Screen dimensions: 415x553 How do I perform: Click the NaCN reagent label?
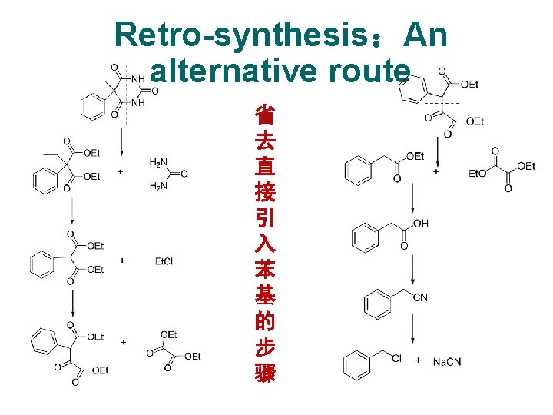[x=448, y=360]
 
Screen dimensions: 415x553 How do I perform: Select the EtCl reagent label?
[x=164, y=261]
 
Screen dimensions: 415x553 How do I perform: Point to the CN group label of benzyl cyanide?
[x=420, y=297]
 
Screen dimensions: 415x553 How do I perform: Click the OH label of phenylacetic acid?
[x=420, y=224]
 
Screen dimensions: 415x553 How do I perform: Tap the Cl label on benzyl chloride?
[x=396, y=358]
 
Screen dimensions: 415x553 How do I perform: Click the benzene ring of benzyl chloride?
[x=357, y=364]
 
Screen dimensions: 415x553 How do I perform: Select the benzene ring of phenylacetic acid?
[x=365, y=235]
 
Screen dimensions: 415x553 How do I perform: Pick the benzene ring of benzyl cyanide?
[x=377, y=302]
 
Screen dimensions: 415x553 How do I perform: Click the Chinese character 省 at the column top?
[x=265, y=116]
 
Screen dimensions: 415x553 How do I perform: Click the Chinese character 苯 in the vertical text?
[x=265, y=271]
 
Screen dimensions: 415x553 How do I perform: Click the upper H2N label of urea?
[x=158, y=162]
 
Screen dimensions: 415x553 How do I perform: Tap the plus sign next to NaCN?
[x=418, y=360]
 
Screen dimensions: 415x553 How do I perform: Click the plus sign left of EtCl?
[x=123, y=261]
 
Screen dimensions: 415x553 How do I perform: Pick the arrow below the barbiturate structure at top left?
[x=121, y=139]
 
